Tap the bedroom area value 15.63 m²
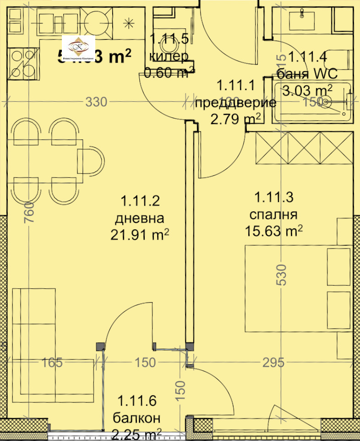pos(274,231)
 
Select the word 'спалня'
pos(273,215)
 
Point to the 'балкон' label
pos(137,418)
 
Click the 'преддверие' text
pos(235,102)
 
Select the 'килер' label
pos(169,56)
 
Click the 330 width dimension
pos(97,102)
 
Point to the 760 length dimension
pos(28,212)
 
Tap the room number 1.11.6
pos(137,402)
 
